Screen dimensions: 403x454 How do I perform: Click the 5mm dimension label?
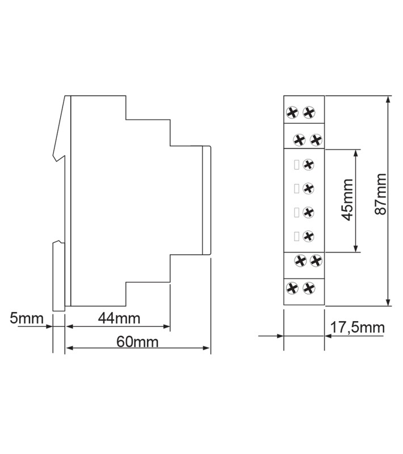(x=26, y=318)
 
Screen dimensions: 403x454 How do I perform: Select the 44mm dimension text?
(x=119, y=318)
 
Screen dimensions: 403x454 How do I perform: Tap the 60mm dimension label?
(x=137, y=342)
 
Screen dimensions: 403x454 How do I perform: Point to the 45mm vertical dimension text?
(x=348, y=200)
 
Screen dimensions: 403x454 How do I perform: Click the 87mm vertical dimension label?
(x=380, y=194)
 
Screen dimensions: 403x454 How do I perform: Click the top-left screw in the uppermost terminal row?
(x=292, y=112)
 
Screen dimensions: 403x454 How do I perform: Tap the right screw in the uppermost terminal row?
(x=309, y=112)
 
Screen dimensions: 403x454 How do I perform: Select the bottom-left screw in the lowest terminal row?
(x=292, y=288)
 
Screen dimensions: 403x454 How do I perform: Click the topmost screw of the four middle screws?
(x=308, y=165)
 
